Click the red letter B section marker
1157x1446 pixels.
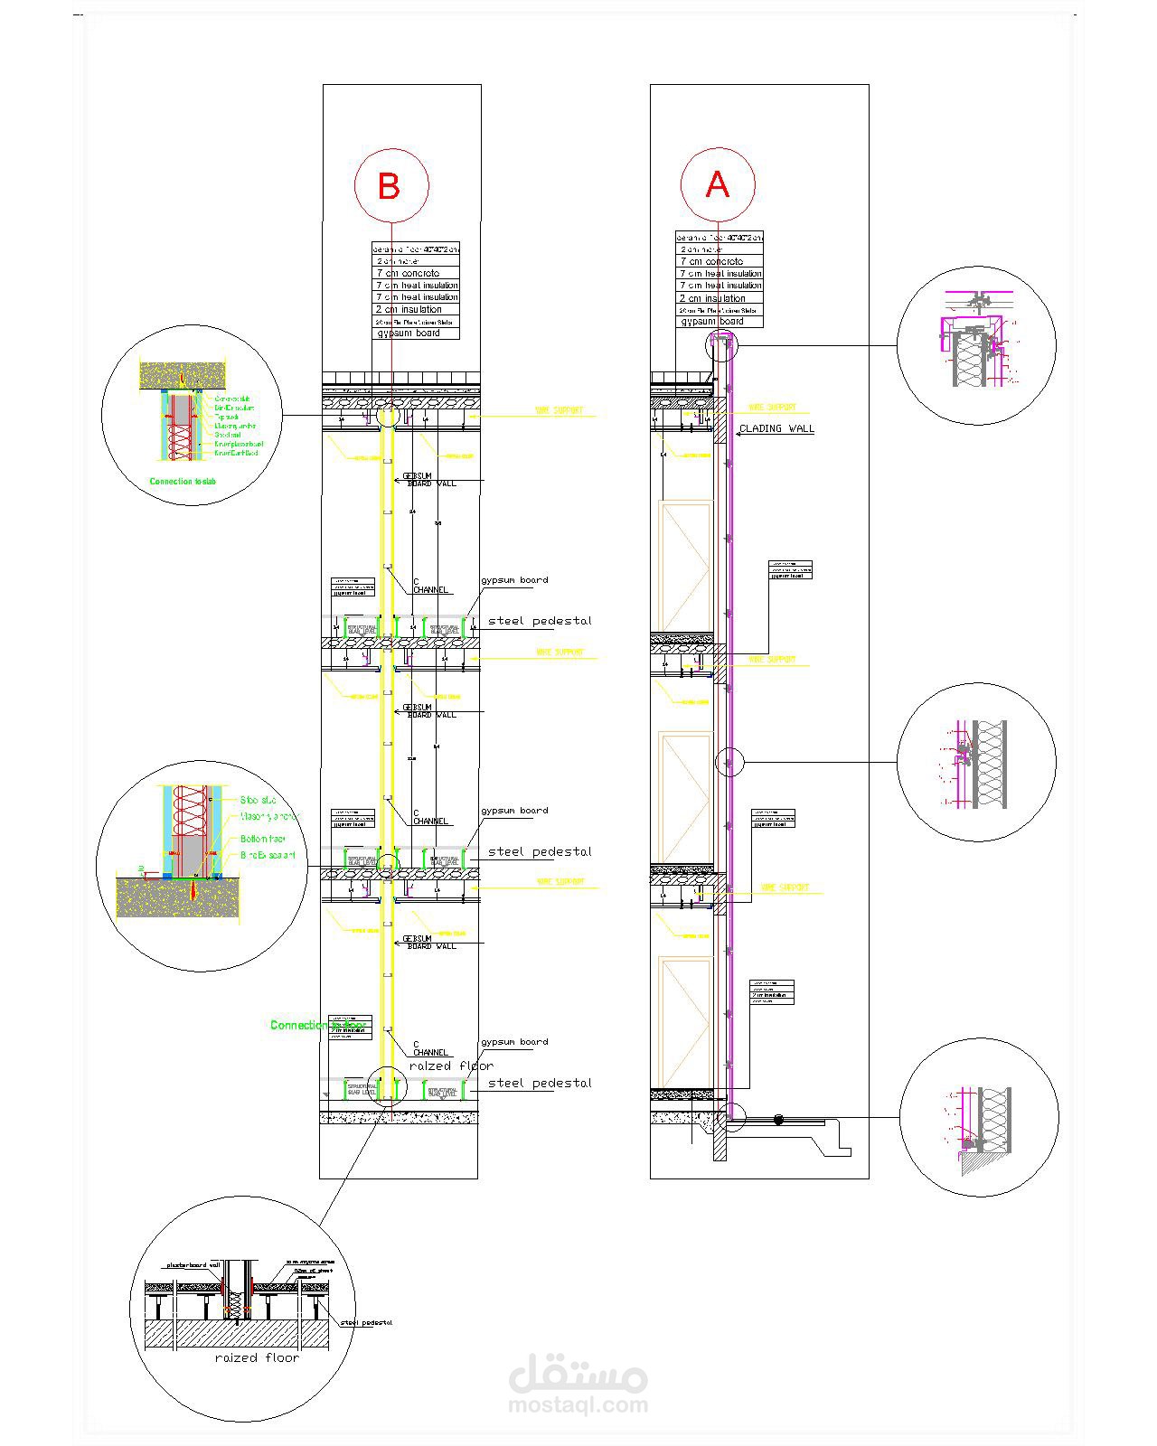point(390,186)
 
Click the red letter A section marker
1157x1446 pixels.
point(717,184)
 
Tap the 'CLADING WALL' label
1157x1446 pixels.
point(776,428)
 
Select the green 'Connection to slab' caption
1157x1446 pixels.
point(183,482)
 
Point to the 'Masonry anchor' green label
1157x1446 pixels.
point(268,816)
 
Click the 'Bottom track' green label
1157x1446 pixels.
point(263,840)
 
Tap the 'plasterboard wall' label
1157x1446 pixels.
point(193,1264)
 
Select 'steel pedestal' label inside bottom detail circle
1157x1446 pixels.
point(367,1323)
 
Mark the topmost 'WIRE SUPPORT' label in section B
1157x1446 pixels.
point(560,410)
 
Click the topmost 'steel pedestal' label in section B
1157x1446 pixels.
point(540,621)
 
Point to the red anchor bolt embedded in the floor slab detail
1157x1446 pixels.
point(193,890)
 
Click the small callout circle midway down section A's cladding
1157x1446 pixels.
point(729,763)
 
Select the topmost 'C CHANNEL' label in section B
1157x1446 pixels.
point(430,586)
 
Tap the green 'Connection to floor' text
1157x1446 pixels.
point(307,1025)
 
